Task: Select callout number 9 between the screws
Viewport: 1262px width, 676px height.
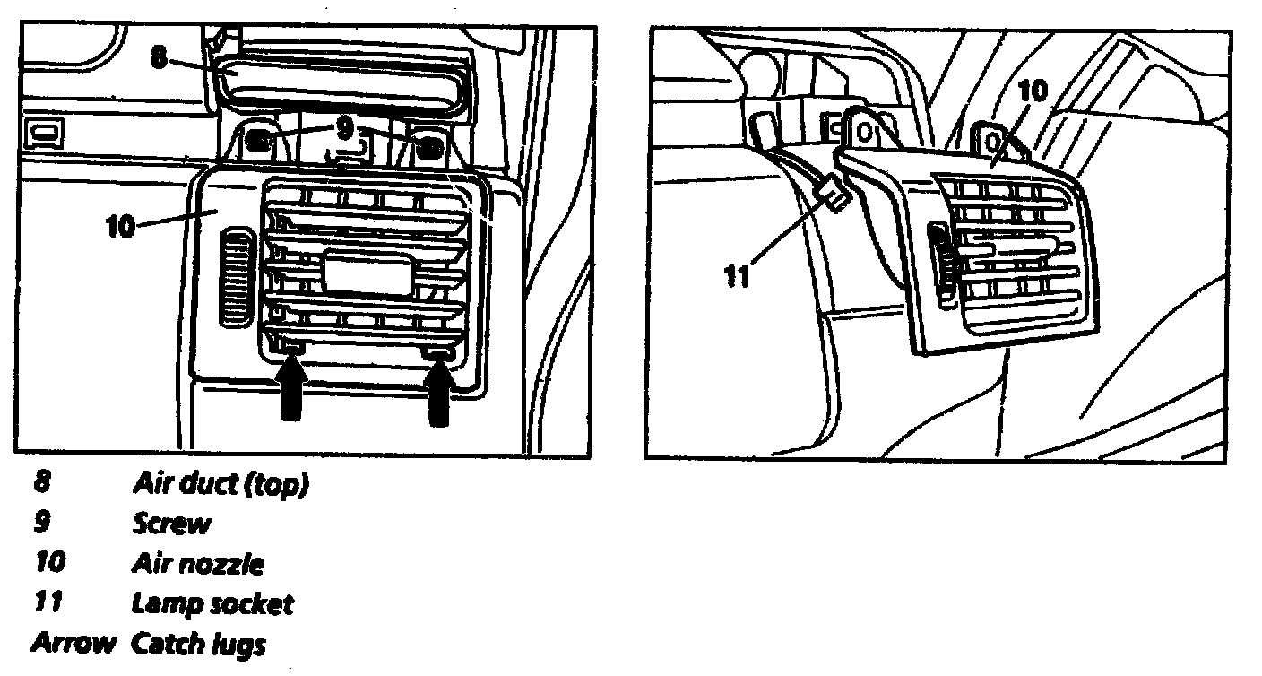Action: coord(345,128)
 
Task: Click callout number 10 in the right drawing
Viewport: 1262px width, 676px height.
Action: coord(1033,90)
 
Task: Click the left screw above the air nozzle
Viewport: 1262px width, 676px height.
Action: coord(261,139)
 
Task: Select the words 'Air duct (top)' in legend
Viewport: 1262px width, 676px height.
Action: coord(220,485)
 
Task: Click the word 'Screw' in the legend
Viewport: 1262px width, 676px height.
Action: coord(172,524)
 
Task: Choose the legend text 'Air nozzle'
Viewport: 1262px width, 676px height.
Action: coord(197,564)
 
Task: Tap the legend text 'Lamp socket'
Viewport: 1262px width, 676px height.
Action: coord(212,603)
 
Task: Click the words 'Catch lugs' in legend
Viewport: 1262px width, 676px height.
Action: coord(199,643)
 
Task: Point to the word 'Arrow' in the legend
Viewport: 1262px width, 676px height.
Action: coord(74,643)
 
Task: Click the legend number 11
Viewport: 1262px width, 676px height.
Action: coord(48,603)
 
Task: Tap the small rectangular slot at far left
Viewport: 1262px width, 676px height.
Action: coord(45,133)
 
